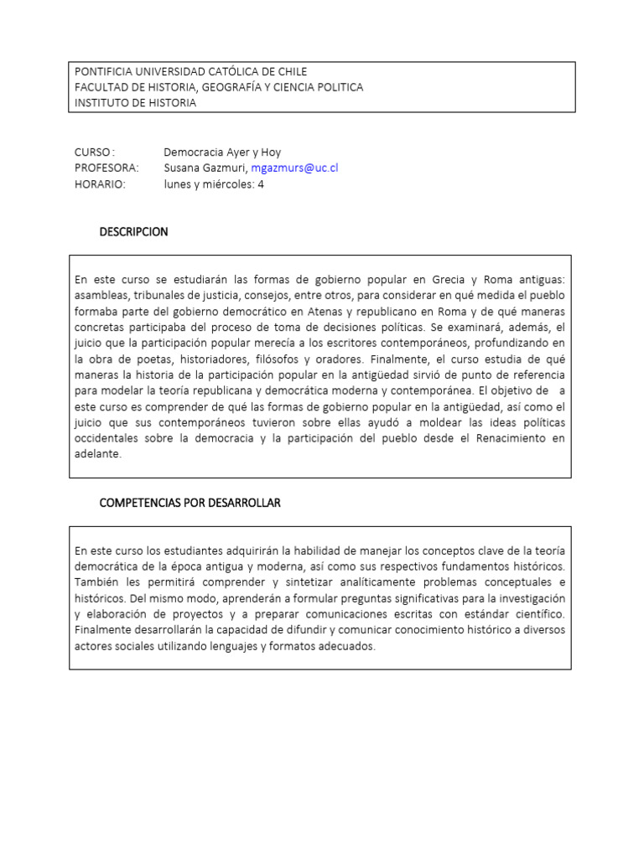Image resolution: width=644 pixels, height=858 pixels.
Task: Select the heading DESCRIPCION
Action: (133, 232)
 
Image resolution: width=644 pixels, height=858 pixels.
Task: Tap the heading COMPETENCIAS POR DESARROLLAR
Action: (190, 503)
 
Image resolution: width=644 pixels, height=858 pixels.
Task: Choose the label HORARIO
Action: (99, 184)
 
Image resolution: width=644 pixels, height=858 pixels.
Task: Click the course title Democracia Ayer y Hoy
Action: (222, 152)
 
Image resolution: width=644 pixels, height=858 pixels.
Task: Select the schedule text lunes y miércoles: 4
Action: (214, 184)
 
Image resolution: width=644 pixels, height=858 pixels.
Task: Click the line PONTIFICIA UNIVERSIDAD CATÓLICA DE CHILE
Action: (190, 72)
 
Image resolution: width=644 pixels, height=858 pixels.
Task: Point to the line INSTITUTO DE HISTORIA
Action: (135, 103)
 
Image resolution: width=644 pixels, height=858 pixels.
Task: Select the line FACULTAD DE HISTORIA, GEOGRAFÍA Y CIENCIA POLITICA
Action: (219, 87)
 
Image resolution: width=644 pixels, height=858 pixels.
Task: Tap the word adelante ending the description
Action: (98, 454)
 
